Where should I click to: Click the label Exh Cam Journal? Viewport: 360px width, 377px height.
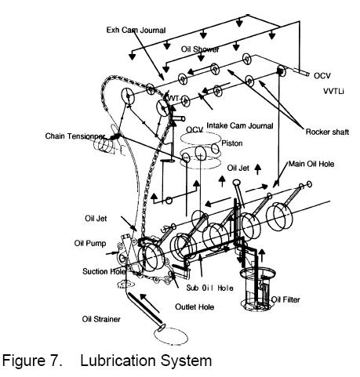tap(136, 30)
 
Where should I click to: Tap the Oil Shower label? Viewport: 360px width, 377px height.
tap(200, 49)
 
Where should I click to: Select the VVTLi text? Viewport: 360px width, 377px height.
tap(333, 91)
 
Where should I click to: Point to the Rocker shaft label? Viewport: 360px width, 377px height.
tap(327, 132)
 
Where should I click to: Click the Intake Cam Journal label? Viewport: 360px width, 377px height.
tap(240, 125)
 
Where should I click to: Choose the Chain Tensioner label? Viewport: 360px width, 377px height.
tap(75, 136)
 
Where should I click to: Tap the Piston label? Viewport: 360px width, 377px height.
tap(232, 143)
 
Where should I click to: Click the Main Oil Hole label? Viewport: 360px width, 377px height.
tap(311, 164)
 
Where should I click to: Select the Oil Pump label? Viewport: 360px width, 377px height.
tap(90, 243)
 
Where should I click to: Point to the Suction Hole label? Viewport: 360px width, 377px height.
tap(104, 271)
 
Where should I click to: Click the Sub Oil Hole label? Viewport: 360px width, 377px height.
tap(209, 288)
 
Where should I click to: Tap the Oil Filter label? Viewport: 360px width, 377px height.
tap(285, 299)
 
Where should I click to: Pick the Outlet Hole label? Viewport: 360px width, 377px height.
tap(195, 306)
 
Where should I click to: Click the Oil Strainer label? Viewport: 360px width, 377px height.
tap(101, 319)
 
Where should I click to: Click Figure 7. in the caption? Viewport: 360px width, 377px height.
tap(32, 361)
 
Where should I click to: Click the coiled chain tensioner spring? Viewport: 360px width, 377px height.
tap(105, 144)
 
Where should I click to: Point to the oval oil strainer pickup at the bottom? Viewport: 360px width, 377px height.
tap(172, 335)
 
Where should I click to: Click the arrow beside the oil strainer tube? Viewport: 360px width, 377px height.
tap(149, 303)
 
